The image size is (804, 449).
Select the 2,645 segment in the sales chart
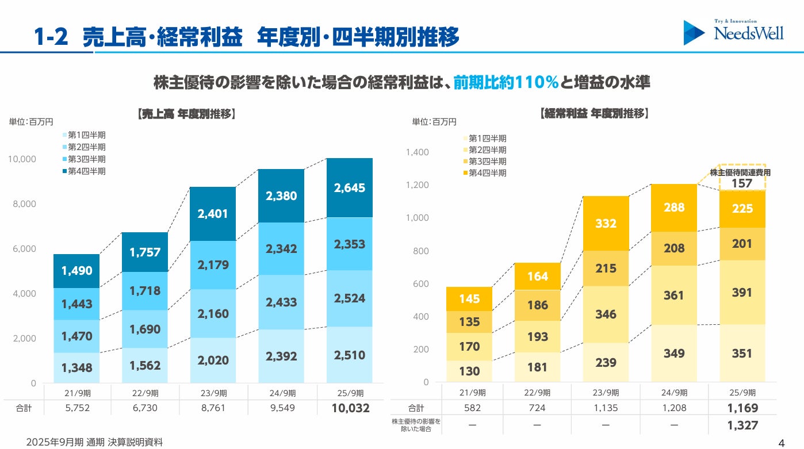349,188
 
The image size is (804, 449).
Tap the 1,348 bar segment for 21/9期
76,367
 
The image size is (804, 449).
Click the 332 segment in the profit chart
606,223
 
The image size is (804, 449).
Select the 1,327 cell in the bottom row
742,425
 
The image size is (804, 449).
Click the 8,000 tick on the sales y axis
24,204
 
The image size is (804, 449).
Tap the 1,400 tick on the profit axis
417,152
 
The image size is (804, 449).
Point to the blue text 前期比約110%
506,83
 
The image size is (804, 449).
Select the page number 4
781,443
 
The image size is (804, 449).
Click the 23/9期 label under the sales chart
213,393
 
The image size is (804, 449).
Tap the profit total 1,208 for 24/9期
673,408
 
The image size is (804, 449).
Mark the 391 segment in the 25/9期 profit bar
742,293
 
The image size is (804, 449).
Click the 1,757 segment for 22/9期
145,252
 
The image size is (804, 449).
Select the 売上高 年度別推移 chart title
187,114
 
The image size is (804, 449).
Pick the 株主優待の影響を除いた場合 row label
416,425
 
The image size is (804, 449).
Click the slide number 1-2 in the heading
51,37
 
